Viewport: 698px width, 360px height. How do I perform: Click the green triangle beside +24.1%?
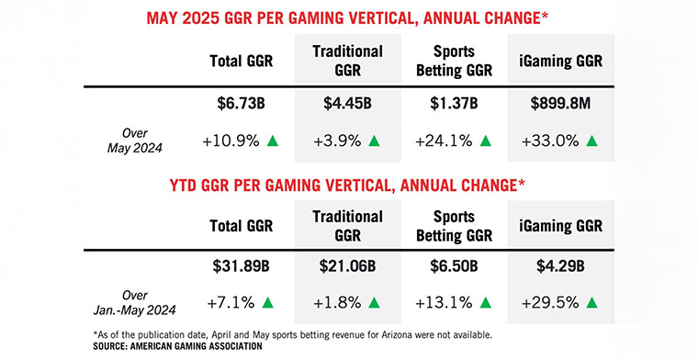486,141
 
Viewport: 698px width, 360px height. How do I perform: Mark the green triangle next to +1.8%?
377,302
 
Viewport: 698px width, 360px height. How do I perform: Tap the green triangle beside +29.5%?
592,302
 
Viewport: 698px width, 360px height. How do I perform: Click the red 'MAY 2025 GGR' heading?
348,17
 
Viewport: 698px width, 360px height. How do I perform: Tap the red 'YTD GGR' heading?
348,186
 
